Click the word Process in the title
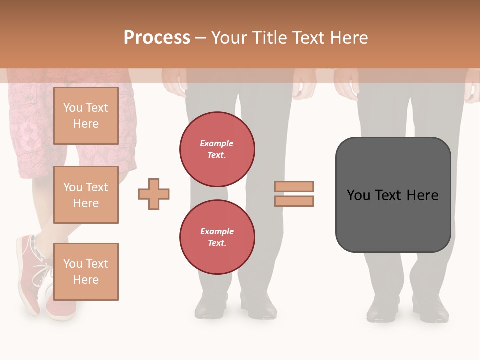(157, 38)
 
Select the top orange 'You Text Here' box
(86, 116)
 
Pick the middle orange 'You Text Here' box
(86, 195)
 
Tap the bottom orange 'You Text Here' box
(86, 271)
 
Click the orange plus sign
(154, 194)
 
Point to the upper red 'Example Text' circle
(217, 149)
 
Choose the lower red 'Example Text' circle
(217, 237)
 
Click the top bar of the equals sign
(294, 187)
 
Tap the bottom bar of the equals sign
(294, 201)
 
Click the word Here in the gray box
(422, 195)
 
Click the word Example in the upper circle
(217, 143)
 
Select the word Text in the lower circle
(217, 243)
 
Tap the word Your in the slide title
(228, 38)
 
